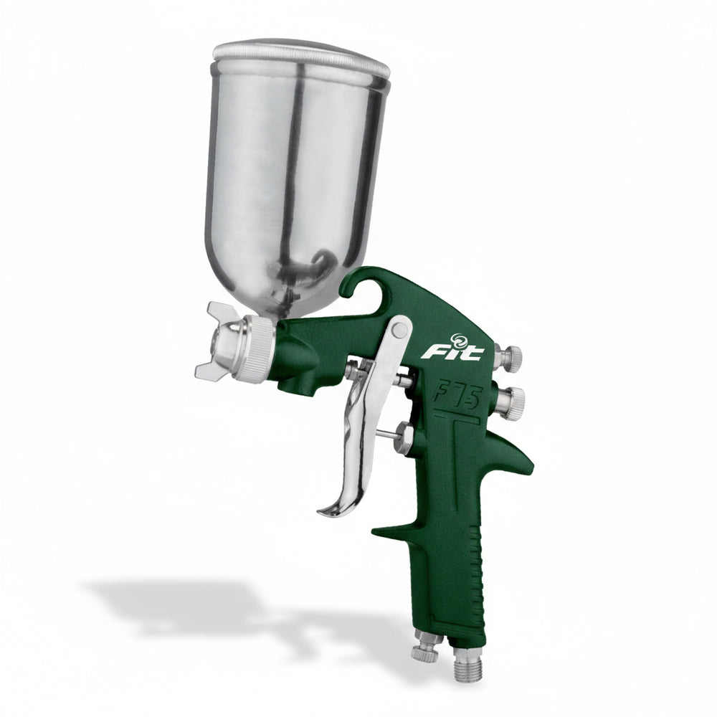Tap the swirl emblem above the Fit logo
[458, 339]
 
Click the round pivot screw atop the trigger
[399, 330]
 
